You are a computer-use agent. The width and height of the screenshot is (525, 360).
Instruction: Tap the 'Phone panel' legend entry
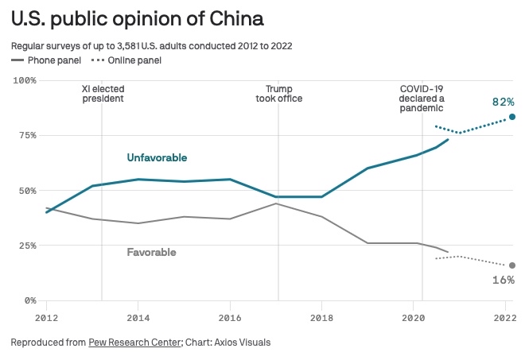click(52, 60)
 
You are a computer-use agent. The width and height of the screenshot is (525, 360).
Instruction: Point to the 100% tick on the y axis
click(25, 80)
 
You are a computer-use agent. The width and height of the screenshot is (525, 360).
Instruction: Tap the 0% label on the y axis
click(29, 300)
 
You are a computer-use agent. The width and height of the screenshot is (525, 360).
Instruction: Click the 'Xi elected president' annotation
click(103, 94)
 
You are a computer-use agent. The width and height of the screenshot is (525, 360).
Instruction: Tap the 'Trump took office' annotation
click(278, 94)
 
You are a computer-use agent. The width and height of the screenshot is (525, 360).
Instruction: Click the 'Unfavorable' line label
click(157, 158)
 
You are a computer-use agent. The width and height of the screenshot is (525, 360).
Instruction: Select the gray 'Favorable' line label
click(151, 253)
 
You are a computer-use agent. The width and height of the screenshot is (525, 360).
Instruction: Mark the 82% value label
click(503, 102)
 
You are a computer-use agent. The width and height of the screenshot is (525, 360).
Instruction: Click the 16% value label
click(503, 280)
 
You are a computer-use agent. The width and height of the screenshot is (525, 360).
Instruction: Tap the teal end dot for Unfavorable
click(512, 117)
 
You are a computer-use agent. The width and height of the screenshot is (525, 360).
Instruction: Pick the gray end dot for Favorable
click(512, 265)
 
